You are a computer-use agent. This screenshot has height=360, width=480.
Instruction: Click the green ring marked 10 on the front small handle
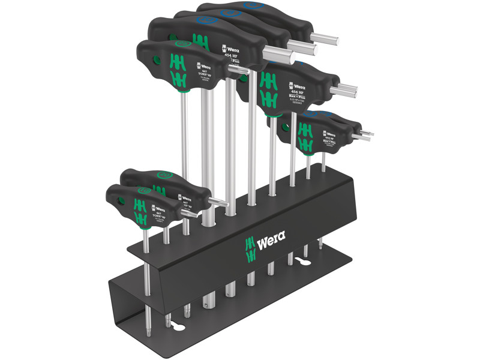(143, 190)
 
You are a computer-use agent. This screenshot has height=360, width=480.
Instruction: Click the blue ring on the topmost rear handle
(252, 6)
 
